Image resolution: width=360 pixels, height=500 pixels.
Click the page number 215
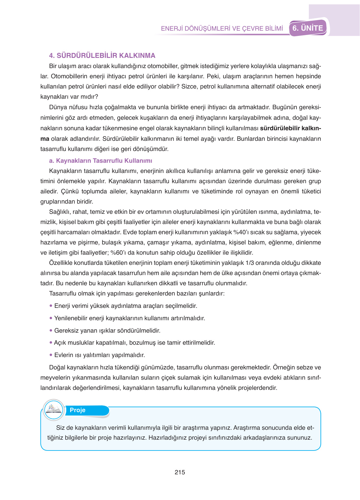coord(180,472)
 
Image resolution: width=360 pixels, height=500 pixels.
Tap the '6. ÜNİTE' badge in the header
coord(308,28)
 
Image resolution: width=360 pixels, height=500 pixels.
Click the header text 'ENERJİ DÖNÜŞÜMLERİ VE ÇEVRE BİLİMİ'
coord(222,28)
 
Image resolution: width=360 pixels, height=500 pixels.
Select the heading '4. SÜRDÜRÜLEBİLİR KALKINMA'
coord(102,56)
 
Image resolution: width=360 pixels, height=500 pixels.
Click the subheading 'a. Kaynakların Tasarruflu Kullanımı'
coord(101,161)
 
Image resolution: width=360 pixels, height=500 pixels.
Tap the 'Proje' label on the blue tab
coord(77,410)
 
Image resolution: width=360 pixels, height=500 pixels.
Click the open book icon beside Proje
coord(54,410)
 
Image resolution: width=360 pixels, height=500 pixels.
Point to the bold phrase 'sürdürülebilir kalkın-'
coord(290,128)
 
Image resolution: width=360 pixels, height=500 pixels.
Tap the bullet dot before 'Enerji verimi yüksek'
coord(51,306)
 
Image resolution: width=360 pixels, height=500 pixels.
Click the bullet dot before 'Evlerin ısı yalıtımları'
coord(51,355)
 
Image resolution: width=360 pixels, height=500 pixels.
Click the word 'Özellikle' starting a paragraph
coord(61,263)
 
